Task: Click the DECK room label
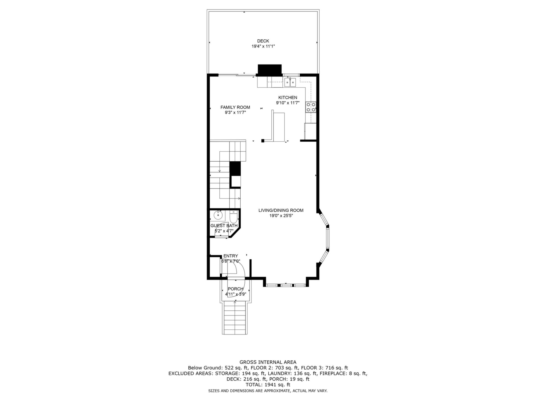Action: point(263,41)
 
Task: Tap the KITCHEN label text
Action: point(288,97)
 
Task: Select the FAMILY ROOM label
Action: point(235,107)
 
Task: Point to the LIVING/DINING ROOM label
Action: point(281,210)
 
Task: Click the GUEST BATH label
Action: point(224,226)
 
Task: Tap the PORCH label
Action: point(235,289)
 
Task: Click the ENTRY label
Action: point(231,256)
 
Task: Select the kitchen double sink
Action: point(290,82)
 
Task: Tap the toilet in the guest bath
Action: point(233,216)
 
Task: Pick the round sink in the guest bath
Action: point(218,215)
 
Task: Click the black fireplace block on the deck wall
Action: point(270,70)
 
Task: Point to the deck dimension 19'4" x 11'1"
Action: point(263,46)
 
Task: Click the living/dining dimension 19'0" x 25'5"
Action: point(281,216)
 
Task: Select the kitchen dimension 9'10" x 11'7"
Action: point(288,103)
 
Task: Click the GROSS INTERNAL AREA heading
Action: point(268,362)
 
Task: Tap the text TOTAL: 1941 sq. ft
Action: point(268,385)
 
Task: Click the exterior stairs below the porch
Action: point(235,318)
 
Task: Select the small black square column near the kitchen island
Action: point(263,141)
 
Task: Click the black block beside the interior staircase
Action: point(235,168)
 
